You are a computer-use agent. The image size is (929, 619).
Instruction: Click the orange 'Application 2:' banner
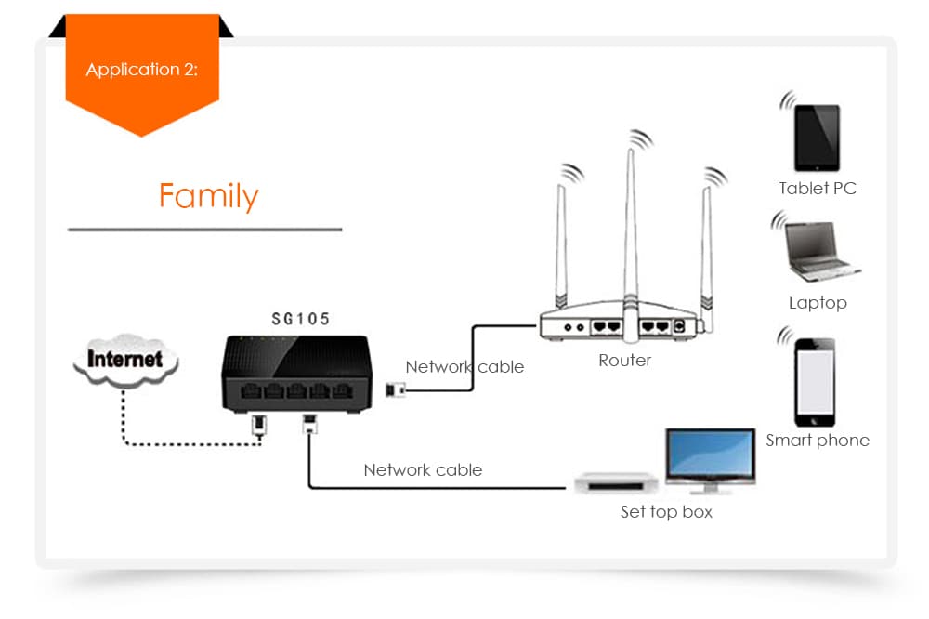coord(141,71)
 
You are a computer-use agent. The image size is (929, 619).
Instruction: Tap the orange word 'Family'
coord(208,196)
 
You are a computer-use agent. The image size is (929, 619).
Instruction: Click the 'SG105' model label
coord(300,319)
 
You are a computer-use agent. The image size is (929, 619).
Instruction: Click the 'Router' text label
coord(624,360)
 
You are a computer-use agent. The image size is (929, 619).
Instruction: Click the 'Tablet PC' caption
coord(818,189)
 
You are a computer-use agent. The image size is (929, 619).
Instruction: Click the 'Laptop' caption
coord(818,303)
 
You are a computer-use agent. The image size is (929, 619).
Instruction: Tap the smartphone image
coord(814,382)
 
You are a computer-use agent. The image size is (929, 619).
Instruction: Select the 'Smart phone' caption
coord(818,441)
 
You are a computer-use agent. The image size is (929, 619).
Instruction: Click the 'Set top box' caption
coord(666,512)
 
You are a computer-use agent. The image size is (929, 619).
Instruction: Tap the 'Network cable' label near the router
coord(464,367)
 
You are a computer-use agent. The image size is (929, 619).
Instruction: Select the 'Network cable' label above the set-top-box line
coord(423,470)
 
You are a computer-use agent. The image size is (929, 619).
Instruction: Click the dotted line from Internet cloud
coord(186,444)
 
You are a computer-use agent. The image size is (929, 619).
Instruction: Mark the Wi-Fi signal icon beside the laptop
coord(779,221)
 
